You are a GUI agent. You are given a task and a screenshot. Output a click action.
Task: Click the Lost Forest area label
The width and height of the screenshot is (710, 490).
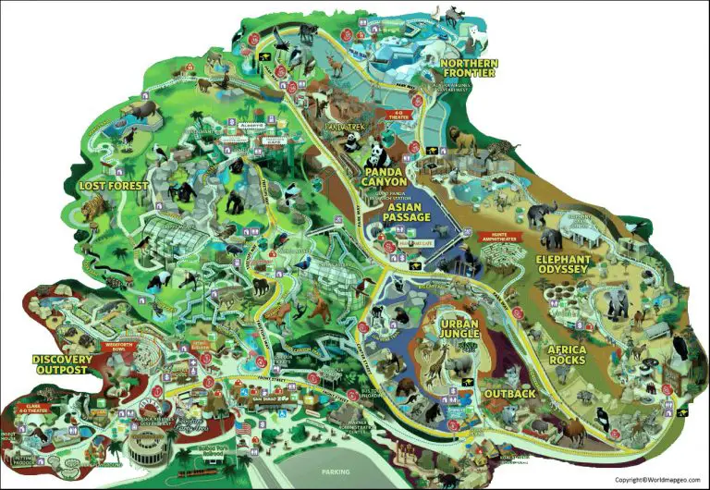coord(113,186)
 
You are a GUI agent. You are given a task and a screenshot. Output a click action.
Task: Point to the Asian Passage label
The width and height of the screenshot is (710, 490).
coord(409,212)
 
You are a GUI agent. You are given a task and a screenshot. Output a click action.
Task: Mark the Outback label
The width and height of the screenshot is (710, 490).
coord(508,394)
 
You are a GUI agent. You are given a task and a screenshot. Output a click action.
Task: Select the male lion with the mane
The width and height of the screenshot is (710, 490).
coord(461,141)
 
